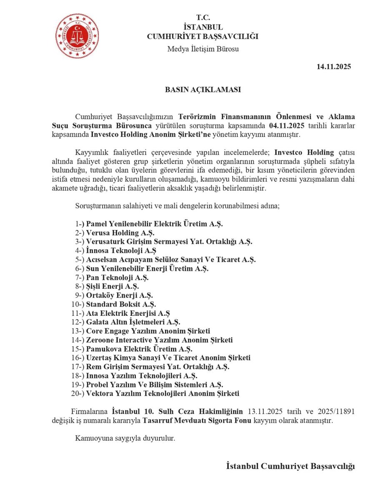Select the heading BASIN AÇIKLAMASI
203,90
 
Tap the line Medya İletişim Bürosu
203,49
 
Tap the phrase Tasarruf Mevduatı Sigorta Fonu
197,420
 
